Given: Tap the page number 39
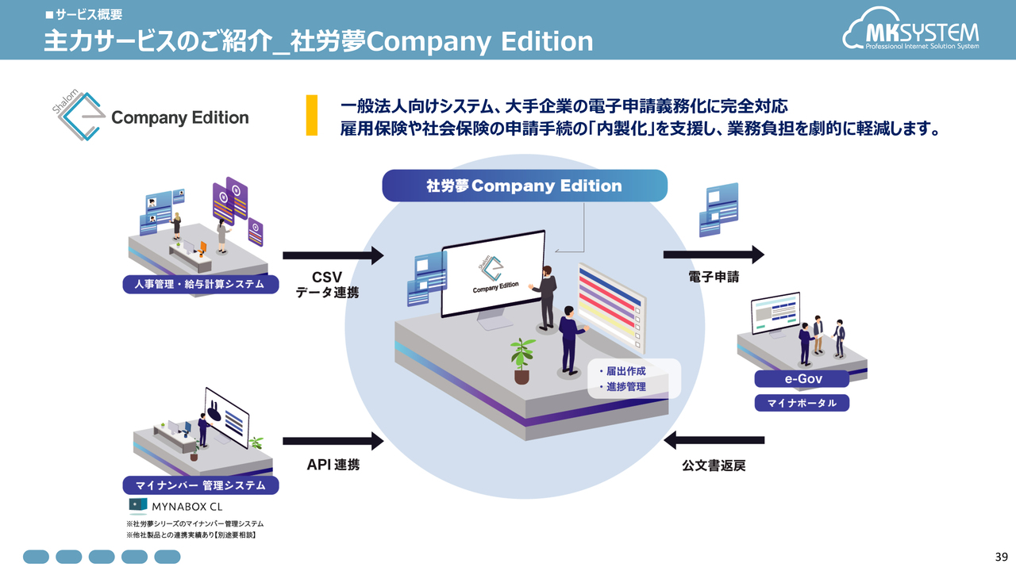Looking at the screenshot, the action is pyautogui.click(x=1002, y=557).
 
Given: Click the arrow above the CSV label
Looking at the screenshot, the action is pyautogui.click(x=333, y=255).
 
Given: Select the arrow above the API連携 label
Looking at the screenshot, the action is pyautogui.click(x=333, y=441).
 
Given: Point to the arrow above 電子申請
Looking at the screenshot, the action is pyautogui.click(x=714, y=255).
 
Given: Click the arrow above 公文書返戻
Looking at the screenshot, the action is pyautogui.click(x=714, y=440).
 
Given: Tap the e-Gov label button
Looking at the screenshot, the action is pyautogui.click(x=802, y=379).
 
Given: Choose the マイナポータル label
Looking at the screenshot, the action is pyautogui.click(x=802, y=403).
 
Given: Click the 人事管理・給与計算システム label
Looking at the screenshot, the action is pyautogui.click(x=201, y=284).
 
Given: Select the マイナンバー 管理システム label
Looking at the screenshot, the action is pyautogui.click(x=201, y=485).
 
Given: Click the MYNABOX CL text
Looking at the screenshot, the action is pyautogui.click(x=187, y=507).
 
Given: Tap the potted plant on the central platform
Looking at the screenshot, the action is pyautogui.click(x=522, y=361).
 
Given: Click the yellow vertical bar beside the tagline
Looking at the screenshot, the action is pyautogui.click(x=312, y=115).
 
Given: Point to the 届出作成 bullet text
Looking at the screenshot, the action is pyautogui.click(x=622, y=371).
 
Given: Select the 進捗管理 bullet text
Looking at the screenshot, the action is pyautogui.click(x=622, y=386).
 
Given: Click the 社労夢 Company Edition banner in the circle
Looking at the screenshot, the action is pyautogui.click(x=525, y=186).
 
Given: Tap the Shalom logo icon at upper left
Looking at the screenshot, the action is pyautogui.click(x=78, y=115).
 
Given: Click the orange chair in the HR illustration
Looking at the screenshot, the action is pyautogui.click(x=202, y=247).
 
